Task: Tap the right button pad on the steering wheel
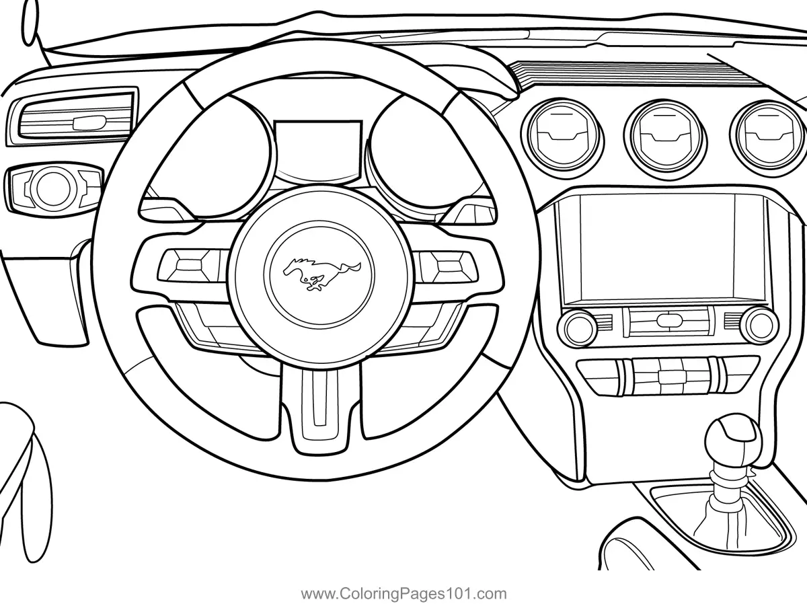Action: pos(445,264)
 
